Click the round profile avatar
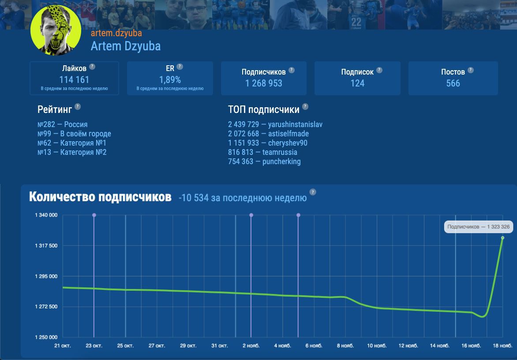[56, 30]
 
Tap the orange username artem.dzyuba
[116, 33]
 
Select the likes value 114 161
[74, 80]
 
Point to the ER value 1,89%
[170, 80]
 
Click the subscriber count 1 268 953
[264, 83]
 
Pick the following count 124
[357, 83]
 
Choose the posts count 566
[453, 83]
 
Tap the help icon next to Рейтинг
[78, 107]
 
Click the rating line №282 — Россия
[63, 124]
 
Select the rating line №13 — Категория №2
[72, 152]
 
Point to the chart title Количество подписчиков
[100, 197]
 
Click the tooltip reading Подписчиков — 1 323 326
[479, 227]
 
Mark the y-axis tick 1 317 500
[46, 246]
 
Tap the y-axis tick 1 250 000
[46, 337]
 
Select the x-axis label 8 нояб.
[345, 346]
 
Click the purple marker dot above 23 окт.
[94, 215]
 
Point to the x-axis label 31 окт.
[220, 346]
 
